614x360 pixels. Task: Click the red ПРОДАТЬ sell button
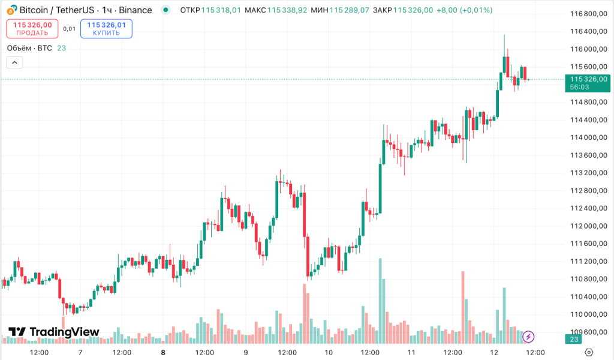[x=32, y=29]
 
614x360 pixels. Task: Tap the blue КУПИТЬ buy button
[x=106, y=29]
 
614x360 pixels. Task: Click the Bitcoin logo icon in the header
[x=11, y=10]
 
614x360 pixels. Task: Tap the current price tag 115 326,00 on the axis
[x=588, y=79]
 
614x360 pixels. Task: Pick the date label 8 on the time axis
[x=162, y=352]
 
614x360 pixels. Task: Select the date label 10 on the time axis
[x=329, y=352]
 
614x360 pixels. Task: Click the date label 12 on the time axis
[x=494, y=352]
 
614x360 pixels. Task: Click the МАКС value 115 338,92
[x=287, y=10]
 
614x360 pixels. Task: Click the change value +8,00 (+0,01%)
[x=464, y=10]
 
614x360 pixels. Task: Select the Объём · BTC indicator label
[x=29, y=48]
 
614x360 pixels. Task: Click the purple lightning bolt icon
[x=529, y=337]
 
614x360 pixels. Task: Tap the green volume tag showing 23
[x=574, y=340]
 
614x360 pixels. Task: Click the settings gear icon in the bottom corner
[x=589, y=352]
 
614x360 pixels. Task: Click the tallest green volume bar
[x=380, y=300]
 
